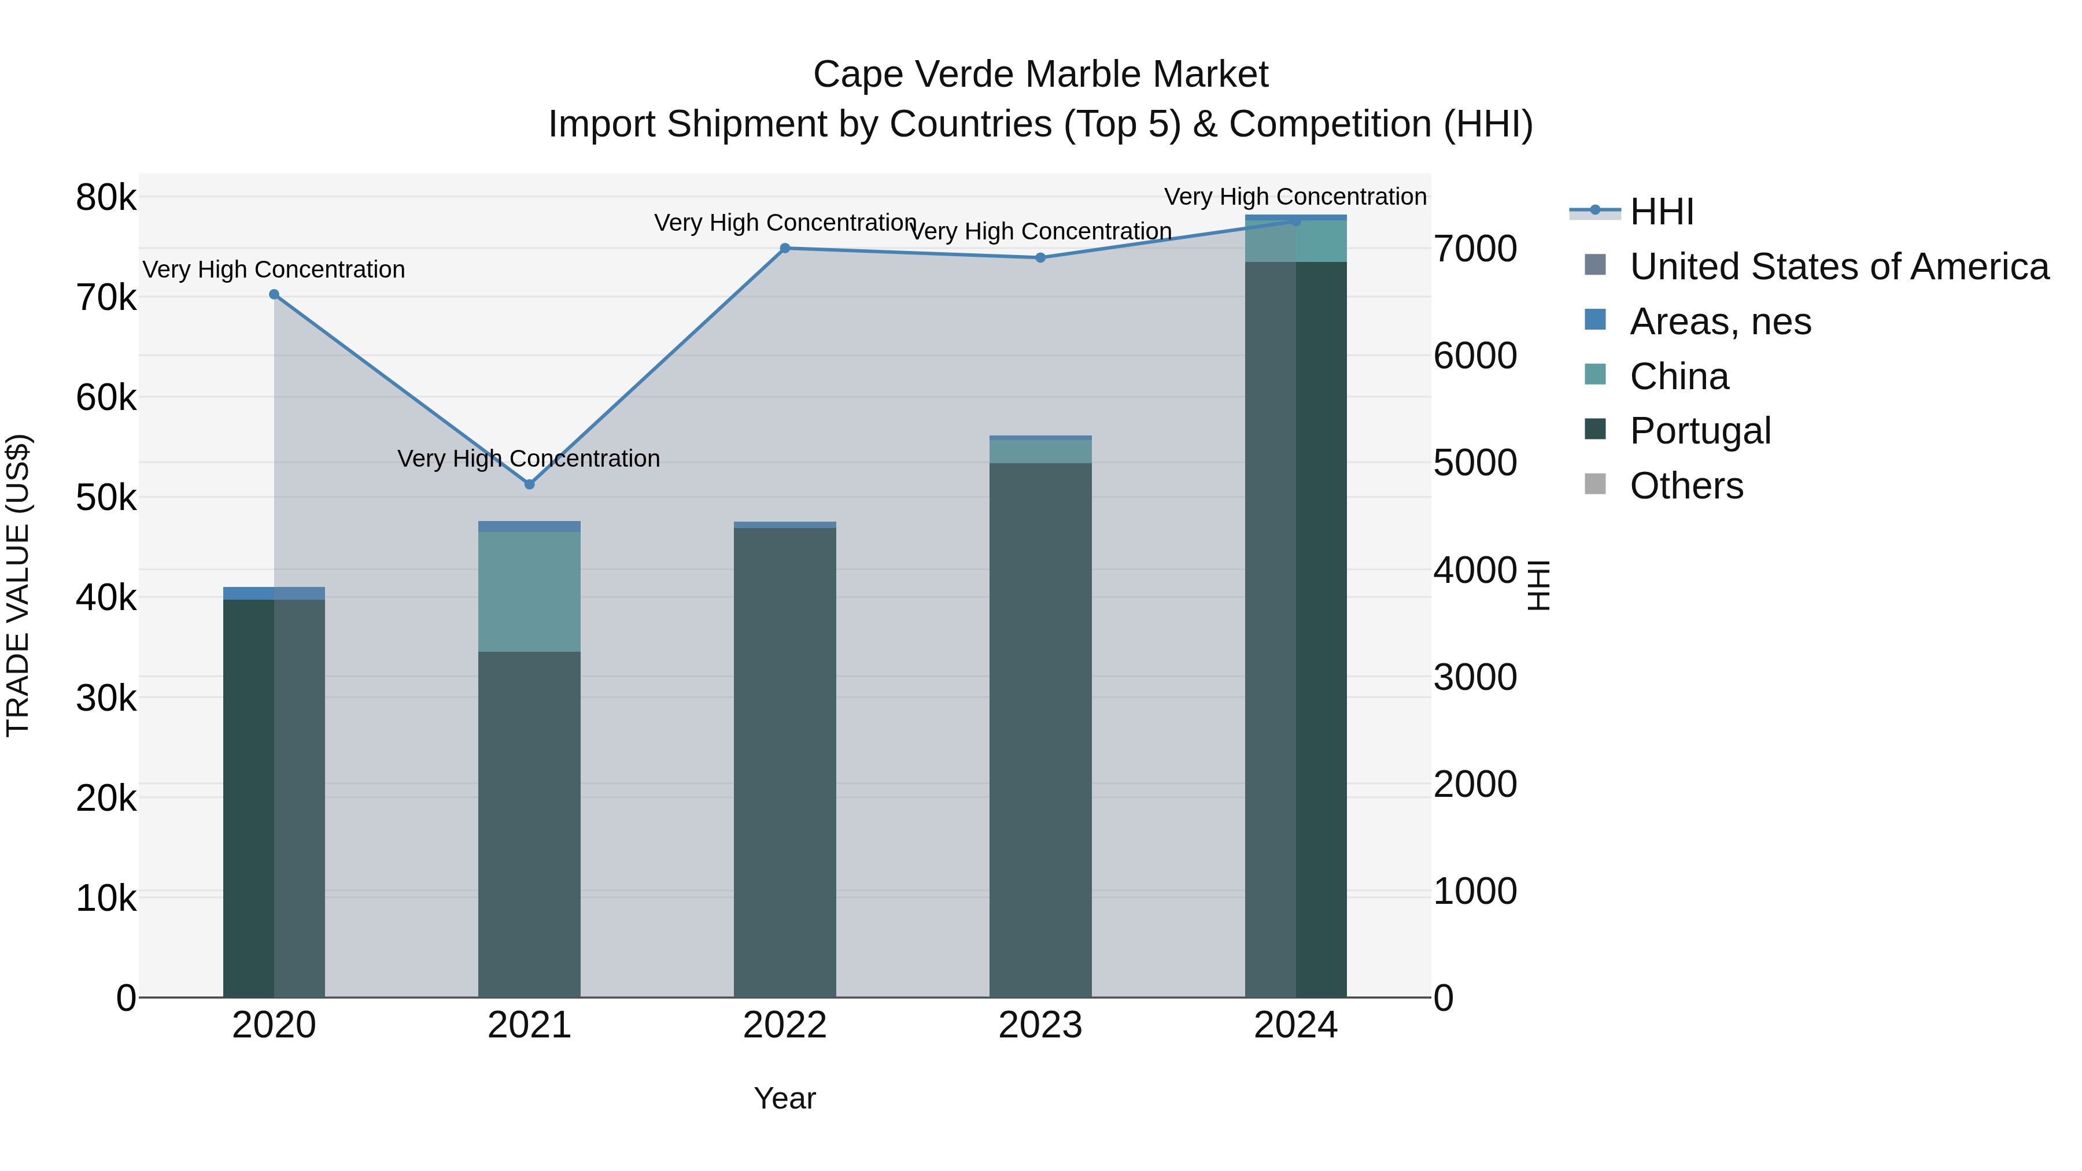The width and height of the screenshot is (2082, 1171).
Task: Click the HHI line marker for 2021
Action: pyautogui.click(x=529, y=484)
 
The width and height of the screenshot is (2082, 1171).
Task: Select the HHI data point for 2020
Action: pyautogui.click(x=274, y=295)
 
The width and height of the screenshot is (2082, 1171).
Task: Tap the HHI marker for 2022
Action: pyautogui.click(x=785, y=248)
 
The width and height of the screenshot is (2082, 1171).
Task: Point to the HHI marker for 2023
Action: pyautogui.click(x=1040, y=258)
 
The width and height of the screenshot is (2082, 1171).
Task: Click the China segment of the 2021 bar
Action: pyautogui.click(x=529, y=591)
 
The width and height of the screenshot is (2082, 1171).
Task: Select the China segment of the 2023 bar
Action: pyautogui.click(x=1040, y=451)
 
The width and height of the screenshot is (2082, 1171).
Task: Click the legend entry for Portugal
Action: pyautogui.click(x=1700, y=431)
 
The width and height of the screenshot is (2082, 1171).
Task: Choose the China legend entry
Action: pyautogui.click(x=1679, y=376)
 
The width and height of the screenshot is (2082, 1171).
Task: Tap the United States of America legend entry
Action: pyautogui.click(x=1839, y=267)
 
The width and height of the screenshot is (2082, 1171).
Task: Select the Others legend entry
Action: pyautogui.click(x=1686, y=486)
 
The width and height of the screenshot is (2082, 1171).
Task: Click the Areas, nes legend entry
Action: pyautogui.click(x=1720, y=322)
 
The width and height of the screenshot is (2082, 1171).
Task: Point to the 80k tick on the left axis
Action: pyautogui.click(x=106, y=198)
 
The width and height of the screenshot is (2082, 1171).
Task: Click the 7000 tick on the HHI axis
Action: pyautogui.click(x=1475, y=249)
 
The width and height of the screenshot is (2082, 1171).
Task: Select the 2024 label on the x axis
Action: pyautogui.click(x=1295, y=1025)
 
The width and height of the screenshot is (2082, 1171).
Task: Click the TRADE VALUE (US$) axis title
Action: pyautogui.click(x=18, y=585)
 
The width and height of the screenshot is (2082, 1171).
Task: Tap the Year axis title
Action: pyautogui.click(x=785, y=1098)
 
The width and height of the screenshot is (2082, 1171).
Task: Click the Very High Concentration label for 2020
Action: pyautogui.click(x=274, y=269)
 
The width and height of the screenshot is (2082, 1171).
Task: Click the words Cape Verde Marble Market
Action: pyautogui.click(x=1040, y=75)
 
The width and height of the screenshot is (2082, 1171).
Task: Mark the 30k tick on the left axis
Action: pyautogui.click(x=106, y=698)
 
